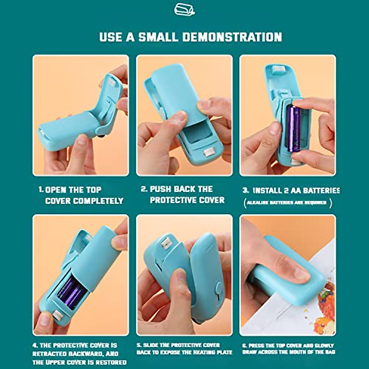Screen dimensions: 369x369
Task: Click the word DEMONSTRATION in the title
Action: coord(232,37)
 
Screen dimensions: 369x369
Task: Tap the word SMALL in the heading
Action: coord(158,37)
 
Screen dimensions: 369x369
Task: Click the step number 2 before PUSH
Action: coord(144,189)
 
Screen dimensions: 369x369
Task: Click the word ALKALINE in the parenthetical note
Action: coord(256,203)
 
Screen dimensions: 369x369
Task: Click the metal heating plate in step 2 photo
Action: coord(210,152)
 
